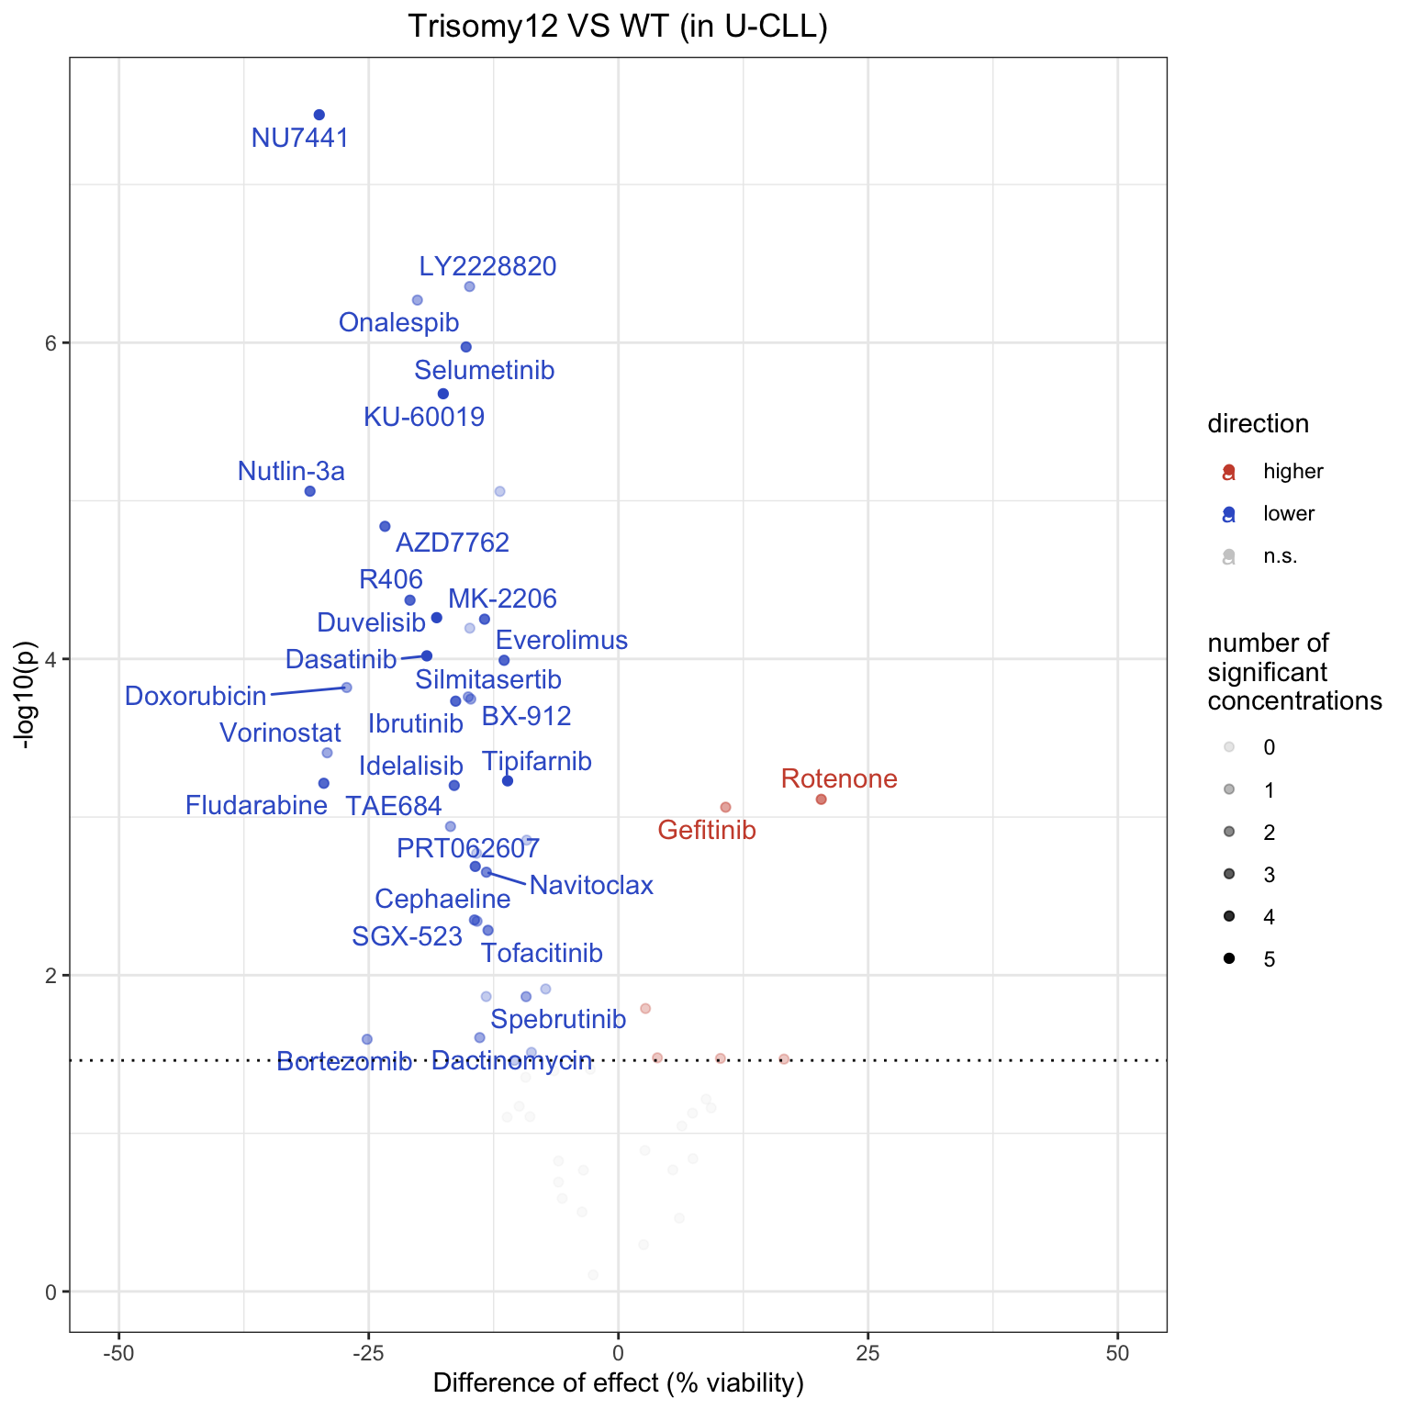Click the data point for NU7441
pos(319,115)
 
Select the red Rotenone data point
pos(821,800)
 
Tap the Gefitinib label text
pos(707,831)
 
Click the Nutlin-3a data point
pos(310,491)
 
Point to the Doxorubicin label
pos(196,696)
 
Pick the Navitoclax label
pos(591,886)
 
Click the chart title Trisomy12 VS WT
pos(618,27)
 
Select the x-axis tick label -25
pos(368,1355)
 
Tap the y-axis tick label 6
pos(51,342)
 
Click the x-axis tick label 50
pos(1117,1355)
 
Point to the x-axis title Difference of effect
pos(618,1383)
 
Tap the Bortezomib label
pos(344,1063)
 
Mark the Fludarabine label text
pos(256,806)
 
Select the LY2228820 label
pos(487,266)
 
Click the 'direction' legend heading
pos(1258,424)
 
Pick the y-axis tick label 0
pos(51,1292)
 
